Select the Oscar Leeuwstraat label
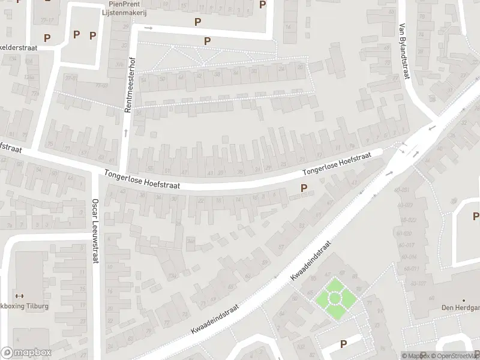tap(95, 230)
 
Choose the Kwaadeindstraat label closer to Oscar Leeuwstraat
tap(215, 319)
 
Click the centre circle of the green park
tap(335, 298)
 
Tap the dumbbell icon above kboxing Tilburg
tap(19, 296)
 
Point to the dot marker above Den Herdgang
tap(464, 300)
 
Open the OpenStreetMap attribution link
tap(459, 356)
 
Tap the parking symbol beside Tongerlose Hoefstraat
tap(304, 188)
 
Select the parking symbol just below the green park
tap(344, 344)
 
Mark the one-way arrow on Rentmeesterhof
tap(127, 131)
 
